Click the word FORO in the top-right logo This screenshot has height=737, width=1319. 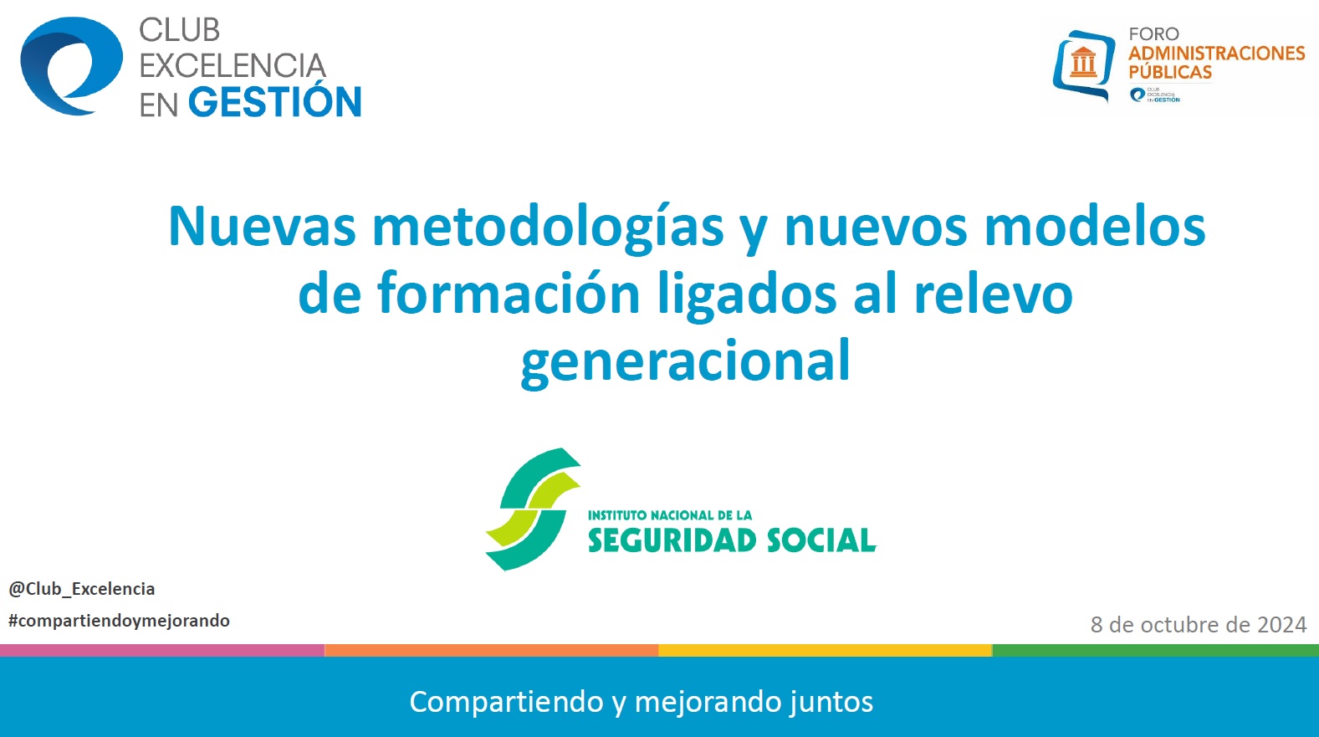1153,34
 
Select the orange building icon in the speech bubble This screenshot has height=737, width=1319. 1083,61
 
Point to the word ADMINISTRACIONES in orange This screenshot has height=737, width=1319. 1217,53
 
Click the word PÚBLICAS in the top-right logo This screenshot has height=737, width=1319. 1170,71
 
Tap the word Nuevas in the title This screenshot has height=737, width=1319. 262,226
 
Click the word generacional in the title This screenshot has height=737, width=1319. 685,361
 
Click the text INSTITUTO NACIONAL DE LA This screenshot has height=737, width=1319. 670,515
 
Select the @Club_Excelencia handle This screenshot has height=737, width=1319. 82,589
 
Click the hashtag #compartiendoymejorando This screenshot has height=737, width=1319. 119,621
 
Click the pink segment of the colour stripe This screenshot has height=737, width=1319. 162,650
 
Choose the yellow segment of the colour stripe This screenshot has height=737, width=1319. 825,650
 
